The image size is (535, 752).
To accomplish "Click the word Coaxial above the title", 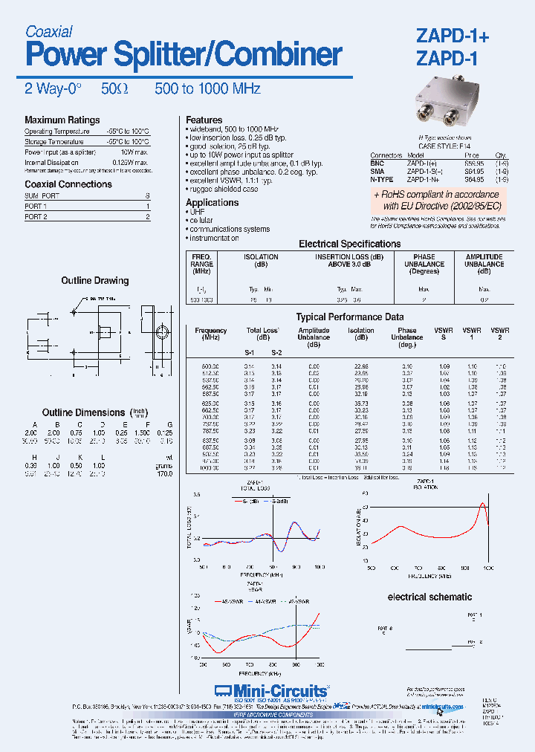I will coord(48,31).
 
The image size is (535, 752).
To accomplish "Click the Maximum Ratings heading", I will coord(62,120).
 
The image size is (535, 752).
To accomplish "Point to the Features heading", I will coord(204,120).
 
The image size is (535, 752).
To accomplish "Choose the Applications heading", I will coord(212,202).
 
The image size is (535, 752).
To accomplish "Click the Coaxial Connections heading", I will coord(68,184).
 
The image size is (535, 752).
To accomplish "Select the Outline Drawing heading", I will coord(94,281).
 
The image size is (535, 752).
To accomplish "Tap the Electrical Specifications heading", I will coord(349,244).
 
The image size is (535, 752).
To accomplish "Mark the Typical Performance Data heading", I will coord(350,317).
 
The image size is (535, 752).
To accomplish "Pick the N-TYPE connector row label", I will coord(382,179).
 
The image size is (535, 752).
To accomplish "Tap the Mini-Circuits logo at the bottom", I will coord(270,691).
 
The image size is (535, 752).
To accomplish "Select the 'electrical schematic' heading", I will coord(429,597).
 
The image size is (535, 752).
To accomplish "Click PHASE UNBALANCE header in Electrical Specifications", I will coord(424,261).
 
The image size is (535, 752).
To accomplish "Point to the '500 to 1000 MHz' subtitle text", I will coord(207,88).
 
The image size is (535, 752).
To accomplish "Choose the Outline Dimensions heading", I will coord(83,412).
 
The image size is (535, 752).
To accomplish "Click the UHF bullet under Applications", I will coord(198,212).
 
